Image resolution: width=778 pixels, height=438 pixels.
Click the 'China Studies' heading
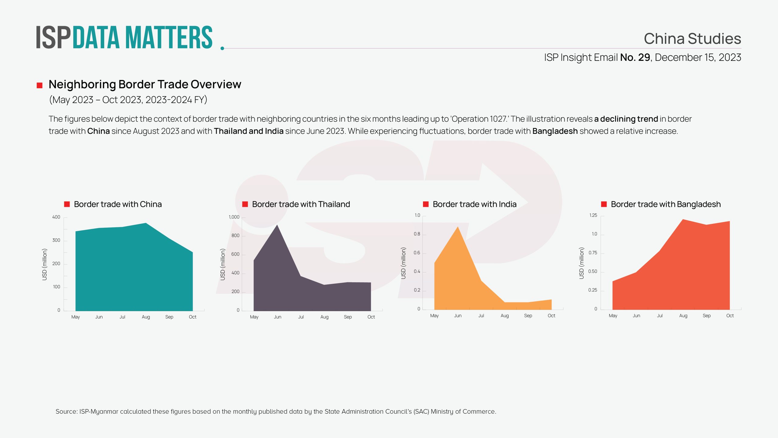pyautogui.click(x=692, y=39)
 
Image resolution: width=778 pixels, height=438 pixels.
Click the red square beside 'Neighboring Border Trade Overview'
pyautogui.click(x=40, y=85)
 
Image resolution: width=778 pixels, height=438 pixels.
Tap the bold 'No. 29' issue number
pyautogui.click(x=635, y=57)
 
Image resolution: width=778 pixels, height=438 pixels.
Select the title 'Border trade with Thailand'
pyautogui.click(x=301, y=204)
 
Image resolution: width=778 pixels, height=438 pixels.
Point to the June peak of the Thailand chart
pyautogui.click(x=277, y=225)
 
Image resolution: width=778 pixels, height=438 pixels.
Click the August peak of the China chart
pyautogui.click(x=146, y=224)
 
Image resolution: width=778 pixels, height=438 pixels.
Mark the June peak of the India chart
pyautogui.click(x=458, y=227)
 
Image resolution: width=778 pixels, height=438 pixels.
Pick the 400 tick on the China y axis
pyautogui.click(x=56, y=217)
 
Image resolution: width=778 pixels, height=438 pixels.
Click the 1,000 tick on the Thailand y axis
pyautogui.click(x=234, y=217)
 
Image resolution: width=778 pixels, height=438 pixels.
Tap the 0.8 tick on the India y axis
pyautogui.click(x=417, y=234)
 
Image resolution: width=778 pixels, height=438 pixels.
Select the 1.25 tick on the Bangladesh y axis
pyautogui.click(x=593, y=215)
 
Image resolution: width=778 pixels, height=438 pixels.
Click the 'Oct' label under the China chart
pyautogui.click(x=193, y=317)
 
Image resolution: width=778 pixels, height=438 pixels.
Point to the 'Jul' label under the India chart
pyautogui.click(x=481, y=316)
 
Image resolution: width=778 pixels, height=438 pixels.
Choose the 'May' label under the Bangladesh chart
pyautogui.click(x=613, y=316)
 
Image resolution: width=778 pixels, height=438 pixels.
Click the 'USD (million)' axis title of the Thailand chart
pyautogui.click(x=223, y=264)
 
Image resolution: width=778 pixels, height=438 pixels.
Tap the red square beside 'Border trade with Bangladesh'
pyautogui.click(x=604, y=204)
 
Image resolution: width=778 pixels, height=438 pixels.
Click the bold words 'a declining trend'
pyautogui.click(x=626, y=119)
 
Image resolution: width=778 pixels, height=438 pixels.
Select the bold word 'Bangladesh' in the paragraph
pyautogui.click(x=555, y=131)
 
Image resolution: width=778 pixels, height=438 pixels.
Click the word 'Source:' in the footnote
pyautogui.click(x=67, y=412)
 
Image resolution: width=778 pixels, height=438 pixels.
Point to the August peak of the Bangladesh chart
pyautogui.click(x=683, y=220)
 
